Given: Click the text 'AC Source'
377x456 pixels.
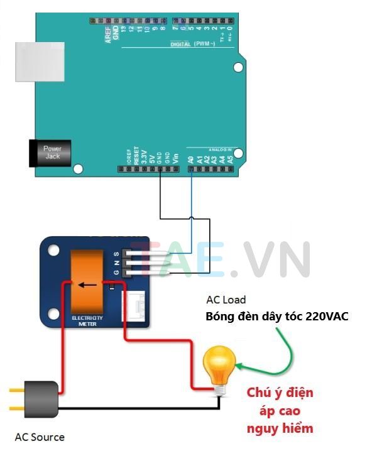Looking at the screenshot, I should point(40,437).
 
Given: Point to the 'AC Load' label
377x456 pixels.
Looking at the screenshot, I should point(226,300).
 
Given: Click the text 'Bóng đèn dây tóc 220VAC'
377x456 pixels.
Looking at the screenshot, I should point(276,317).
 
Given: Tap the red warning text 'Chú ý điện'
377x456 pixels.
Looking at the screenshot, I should point(280,394).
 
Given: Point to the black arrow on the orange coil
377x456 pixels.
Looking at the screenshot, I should point(87,285).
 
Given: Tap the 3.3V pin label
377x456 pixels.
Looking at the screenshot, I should point(144,156).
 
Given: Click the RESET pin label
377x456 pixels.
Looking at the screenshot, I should point(136,156).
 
